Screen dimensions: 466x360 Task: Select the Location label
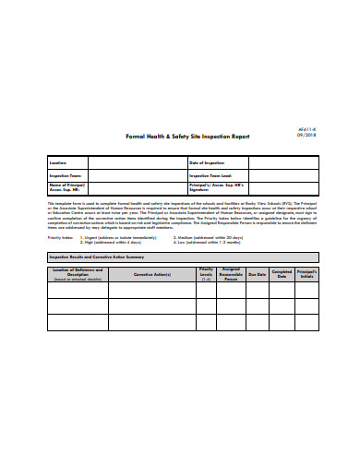pos(59,162)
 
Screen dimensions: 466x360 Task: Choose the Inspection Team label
pos(66,174)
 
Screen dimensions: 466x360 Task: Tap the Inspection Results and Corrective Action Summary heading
pos(97,257)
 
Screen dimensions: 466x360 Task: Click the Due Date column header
pos(257,274)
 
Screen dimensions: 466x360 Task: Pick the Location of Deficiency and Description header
pos(78,274)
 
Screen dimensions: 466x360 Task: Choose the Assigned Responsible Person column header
pos(231,274)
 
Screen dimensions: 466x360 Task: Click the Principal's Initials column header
pos(307,274)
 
